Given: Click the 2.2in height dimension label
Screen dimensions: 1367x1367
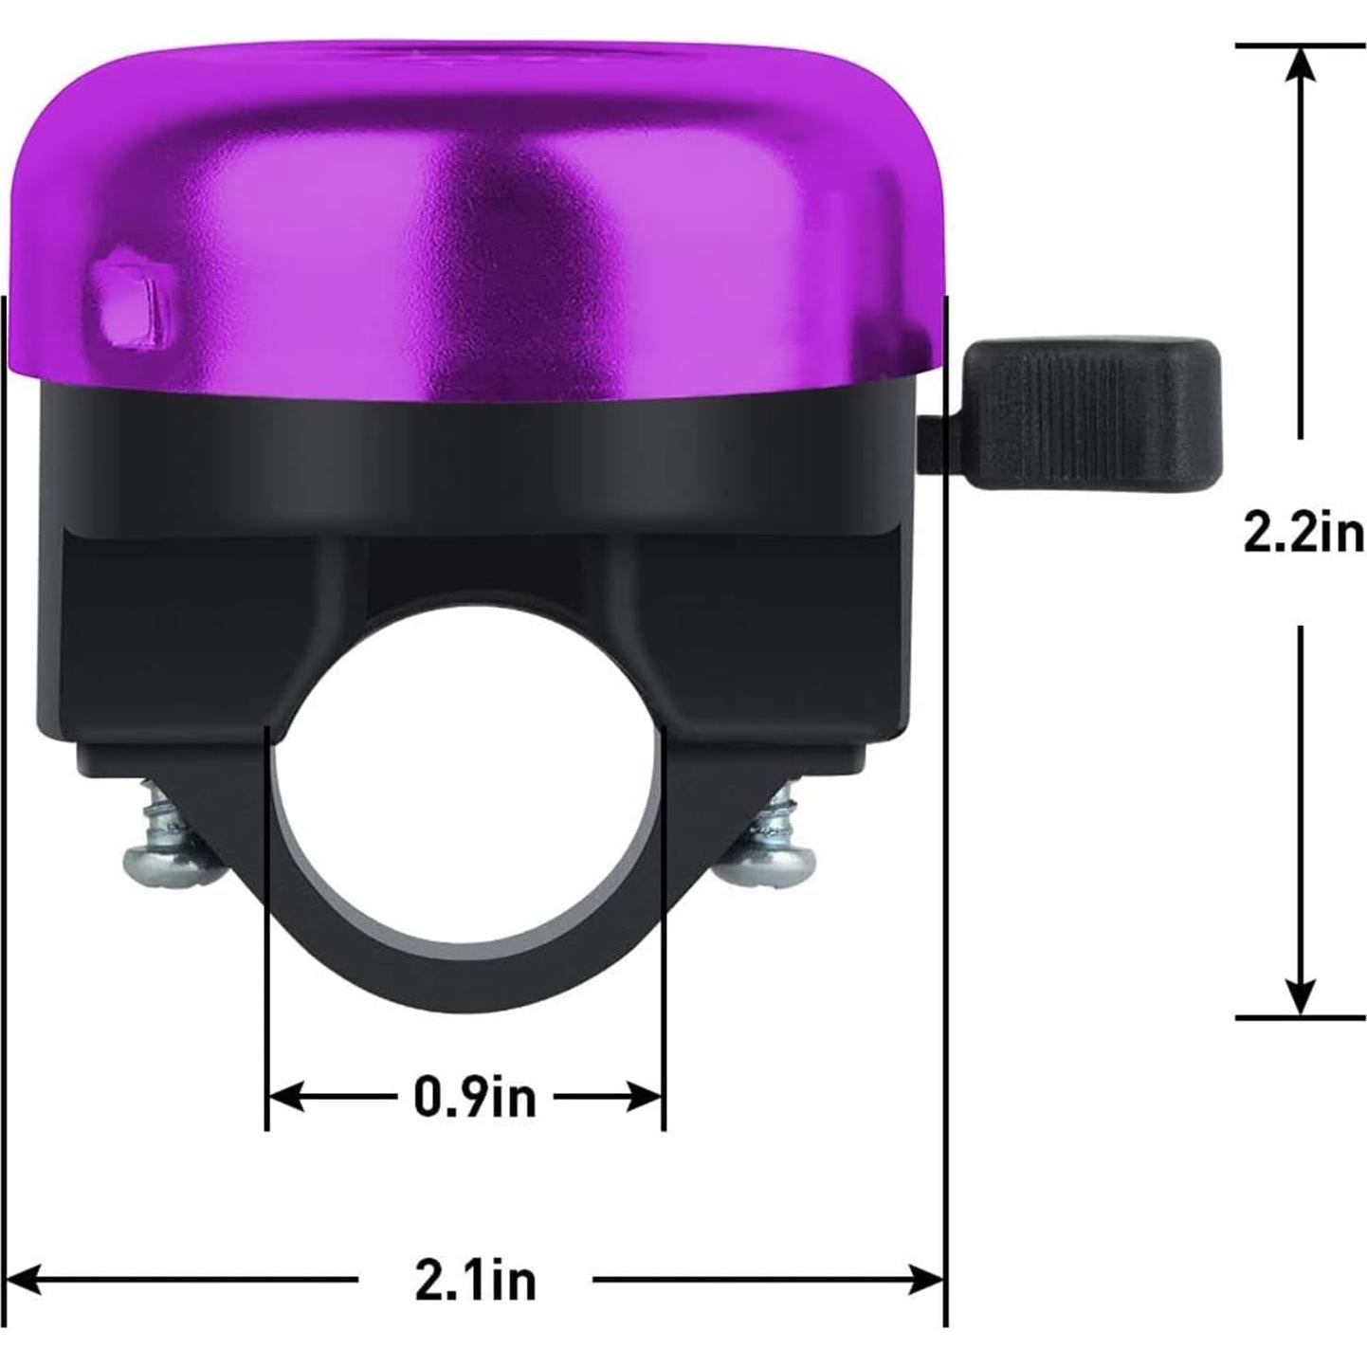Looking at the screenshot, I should (x=1303, y=534).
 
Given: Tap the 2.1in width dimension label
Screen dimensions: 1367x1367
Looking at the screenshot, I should (x=475, y=1280).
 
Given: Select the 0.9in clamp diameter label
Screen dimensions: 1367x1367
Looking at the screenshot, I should (x=474, y=1097).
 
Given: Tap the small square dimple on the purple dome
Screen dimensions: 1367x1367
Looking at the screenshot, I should (x=129, y=301).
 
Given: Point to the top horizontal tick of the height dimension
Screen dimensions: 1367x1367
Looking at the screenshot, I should (x=1301, y=45).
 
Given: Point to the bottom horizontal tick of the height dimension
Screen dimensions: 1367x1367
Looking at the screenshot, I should (x=1301, y=1017).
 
